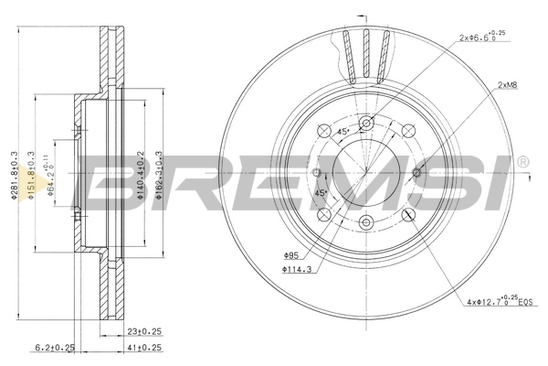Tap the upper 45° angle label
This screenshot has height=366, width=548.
(342, 132)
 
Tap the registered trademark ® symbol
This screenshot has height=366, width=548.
(522, 162)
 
